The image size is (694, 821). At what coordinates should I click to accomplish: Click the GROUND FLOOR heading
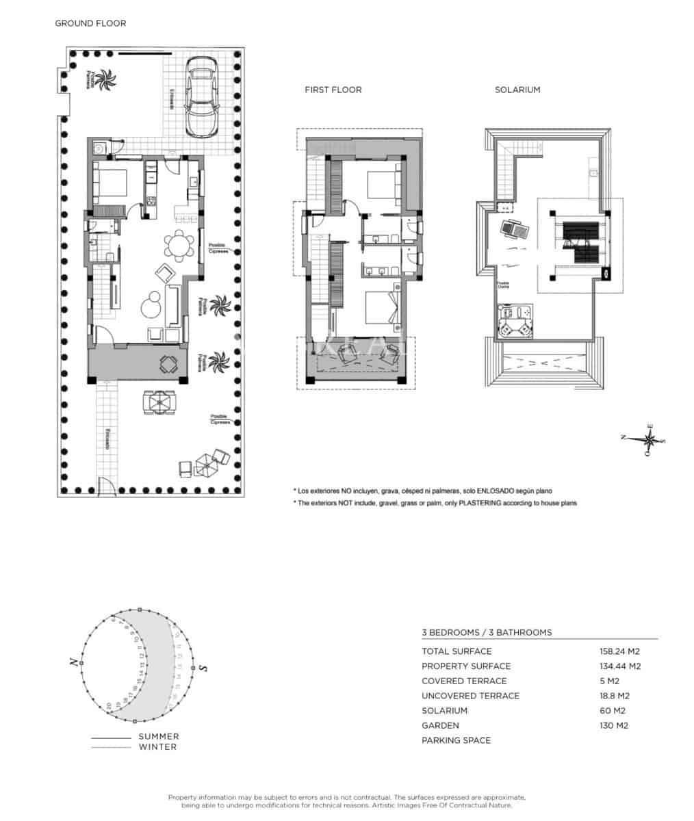pyautogui.click(x=90, y=23)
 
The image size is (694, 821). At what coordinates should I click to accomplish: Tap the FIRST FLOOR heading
pyautogui.click(x=333, y=90)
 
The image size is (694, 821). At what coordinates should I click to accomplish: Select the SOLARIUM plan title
pyautogui.click(x=517, y=90)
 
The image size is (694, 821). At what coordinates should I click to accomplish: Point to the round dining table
pyautogui.click(x=179, y=246)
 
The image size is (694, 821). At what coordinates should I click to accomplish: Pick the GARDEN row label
pyautogui.click(x=440, y=725)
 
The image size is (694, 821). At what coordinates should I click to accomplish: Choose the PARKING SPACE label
pyautogui.click(x=456, y=740)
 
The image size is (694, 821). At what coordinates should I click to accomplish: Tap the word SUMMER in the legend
pyautogui.click(x=159, y=736)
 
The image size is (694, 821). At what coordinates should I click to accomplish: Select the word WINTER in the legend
pyautogui.click(x=157, y=746)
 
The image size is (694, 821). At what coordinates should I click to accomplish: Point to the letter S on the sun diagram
pyautogui.click(x=203, y=668)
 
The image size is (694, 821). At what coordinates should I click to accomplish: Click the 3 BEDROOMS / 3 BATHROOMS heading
pyautogui.click(x=487, y=632)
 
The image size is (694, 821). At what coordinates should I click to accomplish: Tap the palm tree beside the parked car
pyautogui.click(x=105, y=80)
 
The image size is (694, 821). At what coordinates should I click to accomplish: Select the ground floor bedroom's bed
pyautogui.click(x=111, y=183)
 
